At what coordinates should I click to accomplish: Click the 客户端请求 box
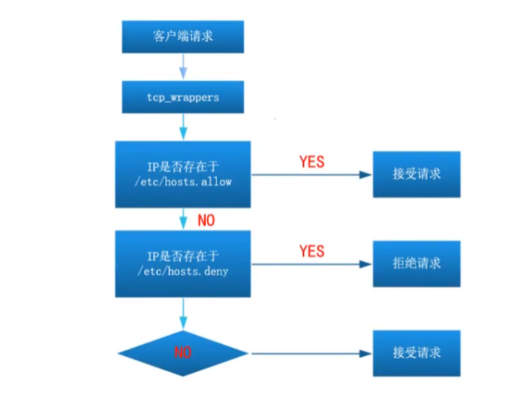tap(183, 37)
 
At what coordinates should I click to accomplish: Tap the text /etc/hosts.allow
tap(183, 181)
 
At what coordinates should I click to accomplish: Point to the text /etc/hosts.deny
tap(183, 271)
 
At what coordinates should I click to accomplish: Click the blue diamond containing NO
tap(183, 352)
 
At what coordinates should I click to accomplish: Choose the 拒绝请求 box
tap(416, 263)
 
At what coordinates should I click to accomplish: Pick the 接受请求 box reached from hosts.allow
tap(416, 174)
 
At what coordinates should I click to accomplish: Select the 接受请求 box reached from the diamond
tap(416, 352)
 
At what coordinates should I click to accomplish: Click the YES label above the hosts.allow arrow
tap(311, 162)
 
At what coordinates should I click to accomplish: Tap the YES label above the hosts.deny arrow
tap(311, 251)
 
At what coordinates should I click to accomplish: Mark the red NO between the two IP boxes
tap(206, 221)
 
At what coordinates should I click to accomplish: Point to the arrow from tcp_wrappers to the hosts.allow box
tap(183, 126)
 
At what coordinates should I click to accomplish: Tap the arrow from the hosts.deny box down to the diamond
tap(183, 312)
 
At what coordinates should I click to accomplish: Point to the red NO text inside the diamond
tap(183, 353)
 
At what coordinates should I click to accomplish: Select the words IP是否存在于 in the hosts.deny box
tap(183, 254)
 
